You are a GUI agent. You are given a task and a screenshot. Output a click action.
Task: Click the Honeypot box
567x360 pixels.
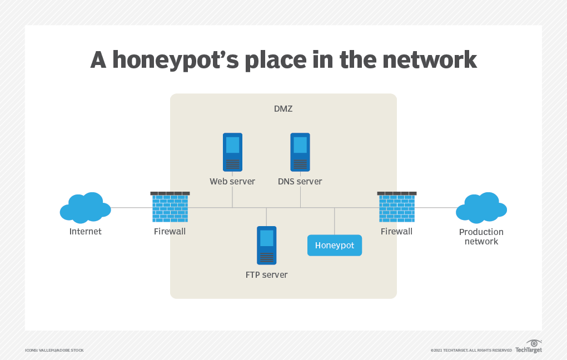pyautogui.click(x=335, y=245)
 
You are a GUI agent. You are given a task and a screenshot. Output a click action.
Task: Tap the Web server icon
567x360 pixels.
pyautogui.click(x=232, y=152)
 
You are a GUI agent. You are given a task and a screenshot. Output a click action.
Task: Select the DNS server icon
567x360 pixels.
pyautogui.click(x=300, y=152)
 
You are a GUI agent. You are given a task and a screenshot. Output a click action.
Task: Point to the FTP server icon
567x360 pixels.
pyautogui.click(x=267, y=245)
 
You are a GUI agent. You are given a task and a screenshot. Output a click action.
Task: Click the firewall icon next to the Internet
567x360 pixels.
pyautogui.click(x=170, y=207)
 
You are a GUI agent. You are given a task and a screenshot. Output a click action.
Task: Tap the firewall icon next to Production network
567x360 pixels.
pyautogui.click(x=396, y=207)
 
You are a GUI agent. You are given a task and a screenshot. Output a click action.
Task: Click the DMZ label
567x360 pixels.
pyautogui.click(x=283, y=109)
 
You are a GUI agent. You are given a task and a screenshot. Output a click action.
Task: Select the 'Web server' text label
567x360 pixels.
pyautogui.click(x=232, y=181)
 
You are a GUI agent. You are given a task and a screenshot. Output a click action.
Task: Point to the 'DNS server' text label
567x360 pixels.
pyautogui.click(x=300, y=181)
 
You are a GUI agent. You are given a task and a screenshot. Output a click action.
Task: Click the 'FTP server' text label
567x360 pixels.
pyautogui.click(x=267, y=274)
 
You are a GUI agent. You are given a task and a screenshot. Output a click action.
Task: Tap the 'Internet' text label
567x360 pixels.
pyautogui.click(x=86, y=231)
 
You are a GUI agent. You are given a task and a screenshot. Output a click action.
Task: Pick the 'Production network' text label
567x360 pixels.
pyautogui.click(x=481, y=237)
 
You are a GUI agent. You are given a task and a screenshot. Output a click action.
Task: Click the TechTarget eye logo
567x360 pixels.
pyautogui.click(x=534, y=343)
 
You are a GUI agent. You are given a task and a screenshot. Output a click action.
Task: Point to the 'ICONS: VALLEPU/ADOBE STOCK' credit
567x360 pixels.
pyautogui.click(x=54, y=350)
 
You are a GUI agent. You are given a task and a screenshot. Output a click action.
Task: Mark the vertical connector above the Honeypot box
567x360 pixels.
pyautogui.click(x=335, y=221)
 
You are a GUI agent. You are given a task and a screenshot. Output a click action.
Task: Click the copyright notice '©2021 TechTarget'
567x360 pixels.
pyautogui.click(x=471, y=350)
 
